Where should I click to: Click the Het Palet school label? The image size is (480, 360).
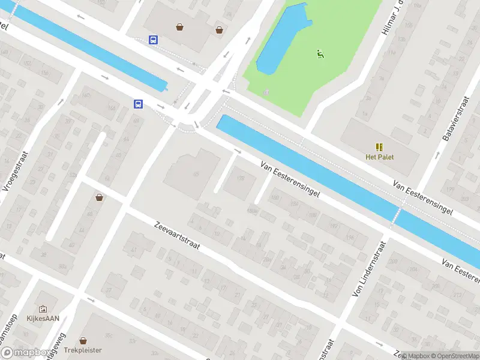(379, 157)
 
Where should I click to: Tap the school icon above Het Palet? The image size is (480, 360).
(379, 146)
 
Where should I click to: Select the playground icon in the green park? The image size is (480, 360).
(320, 54)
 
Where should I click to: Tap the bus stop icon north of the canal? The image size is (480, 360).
(154, 40)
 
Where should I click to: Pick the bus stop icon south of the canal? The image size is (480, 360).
(138, 104)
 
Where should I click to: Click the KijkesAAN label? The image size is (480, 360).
(42, 319)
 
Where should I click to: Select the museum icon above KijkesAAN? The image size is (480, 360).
(42, 308)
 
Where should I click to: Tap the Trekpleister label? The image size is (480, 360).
(84, 350)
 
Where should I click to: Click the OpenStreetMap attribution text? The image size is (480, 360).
(454, 356)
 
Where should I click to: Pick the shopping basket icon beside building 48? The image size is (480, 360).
(99, 197)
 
